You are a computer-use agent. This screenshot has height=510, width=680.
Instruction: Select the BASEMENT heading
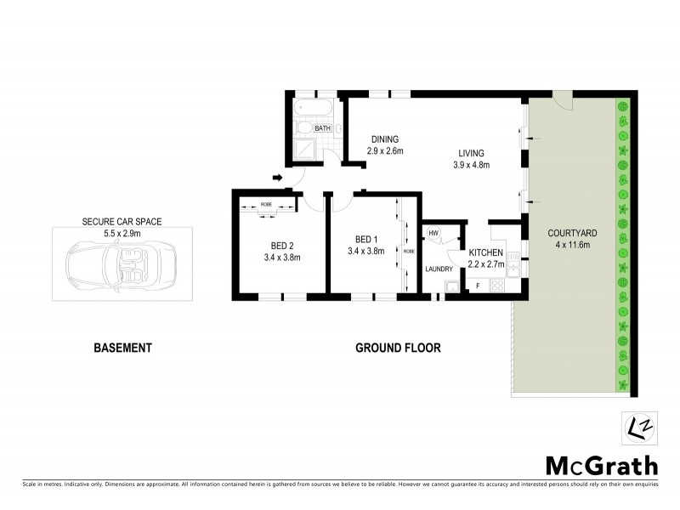click(x=122, y=348)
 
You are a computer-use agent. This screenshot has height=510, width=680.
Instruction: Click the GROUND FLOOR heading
click(x=398, y=348)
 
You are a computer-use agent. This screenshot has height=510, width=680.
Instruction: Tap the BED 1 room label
click(x=365, y=239)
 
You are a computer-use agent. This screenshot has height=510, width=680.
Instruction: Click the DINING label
click(x=383, y=139)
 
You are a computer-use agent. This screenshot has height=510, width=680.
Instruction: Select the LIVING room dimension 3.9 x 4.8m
click(x=472, y=165)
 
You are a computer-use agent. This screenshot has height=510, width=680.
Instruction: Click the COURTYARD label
click(x=569, y=233)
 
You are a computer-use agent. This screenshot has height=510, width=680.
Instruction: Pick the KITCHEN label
click(x=487, y=253)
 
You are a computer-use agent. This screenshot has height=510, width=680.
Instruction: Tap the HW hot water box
click(x=433, y=233)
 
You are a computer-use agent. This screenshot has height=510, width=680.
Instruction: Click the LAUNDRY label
click(x=439, y=269)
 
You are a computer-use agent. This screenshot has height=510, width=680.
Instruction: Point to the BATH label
click(x=323, y=128)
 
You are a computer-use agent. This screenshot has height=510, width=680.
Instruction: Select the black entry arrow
click(x=277, y=178)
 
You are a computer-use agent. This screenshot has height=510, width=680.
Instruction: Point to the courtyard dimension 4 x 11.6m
click(x=569, y=245)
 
